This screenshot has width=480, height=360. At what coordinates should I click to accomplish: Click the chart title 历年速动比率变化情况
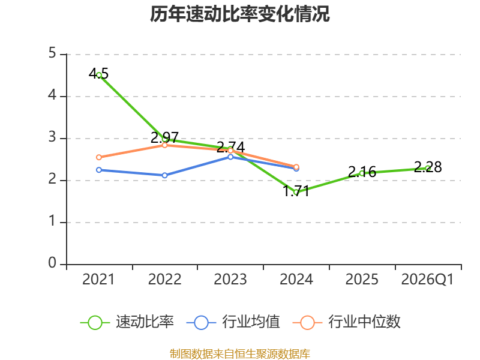coord(239,14)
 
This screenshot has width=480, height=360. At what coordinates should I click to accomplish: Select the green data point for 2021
coord(99,75)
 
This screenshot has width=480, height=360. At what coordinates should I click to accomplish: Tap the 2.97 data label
coord(164,137)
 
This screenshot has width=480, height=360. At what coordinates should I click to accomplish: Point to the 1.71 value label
coord(296,191)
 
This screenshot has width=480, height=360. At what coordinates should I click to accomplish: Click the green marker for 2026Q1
coord(428,168)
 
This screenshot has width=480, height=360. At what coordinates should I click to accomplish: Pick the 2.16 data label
coord(362,172)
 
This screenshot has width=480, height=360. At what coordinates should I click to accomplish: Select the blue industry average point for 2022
coord(164,175)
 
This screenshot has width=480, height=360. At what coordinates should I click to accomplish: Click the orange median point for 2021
coord(99,157)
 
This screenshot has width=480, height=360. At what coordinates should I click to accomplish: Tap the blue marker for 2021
coord(99,170)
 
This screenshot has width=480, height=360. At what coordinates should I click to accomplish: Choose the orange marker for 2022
coord(164,145)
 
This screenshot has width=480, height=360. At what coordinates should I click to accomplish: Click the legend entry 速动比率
coord(127,322)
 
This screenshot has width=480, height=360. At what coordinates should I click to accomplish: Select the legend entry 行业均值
coord(233,322)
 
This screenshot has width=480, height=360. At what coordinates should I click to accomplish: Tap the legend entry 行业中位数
coord(347,322)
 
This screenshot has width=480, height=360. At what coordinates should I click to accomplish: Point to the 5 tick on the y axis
coord(52,53)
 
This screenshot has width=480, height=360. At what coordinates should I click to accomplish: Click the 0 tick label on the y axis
coord(52,263)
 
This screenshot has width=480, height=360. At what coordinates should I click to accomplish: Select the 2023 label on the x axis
coord(230,279)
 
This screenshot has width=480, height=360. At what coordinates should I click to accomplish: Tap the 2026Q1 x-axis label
coord(427,279)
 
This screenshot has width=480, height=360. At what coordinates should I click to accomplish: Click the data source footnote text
coord(239,354)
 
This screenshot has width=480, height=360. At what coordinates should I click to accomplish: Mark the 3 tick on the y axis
coord(52,137)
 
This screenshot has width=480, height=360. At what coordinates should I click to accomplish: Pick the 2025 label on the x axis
coord(362,279)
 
